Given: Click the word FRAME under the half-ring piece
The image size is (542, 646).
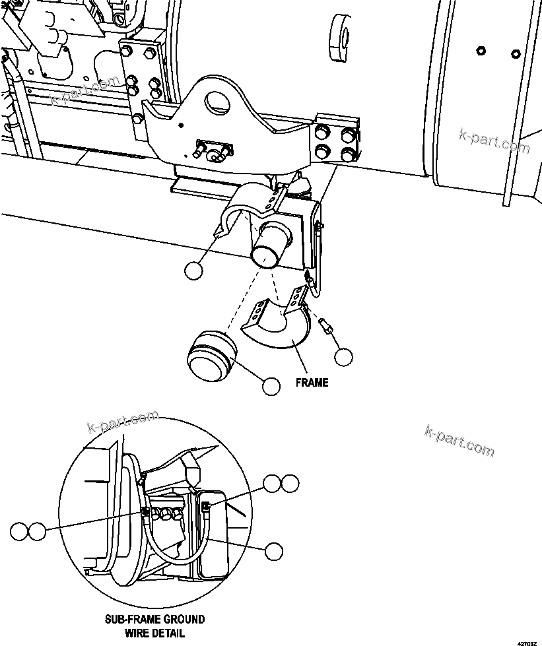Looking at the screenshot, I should tap(312, 383).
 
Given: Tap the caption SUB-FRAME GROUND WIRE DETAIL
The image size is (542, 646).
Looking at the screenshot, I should tap(155, 626).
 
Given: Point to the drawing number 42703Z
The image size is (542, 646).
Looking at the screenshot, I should tap(527, 641).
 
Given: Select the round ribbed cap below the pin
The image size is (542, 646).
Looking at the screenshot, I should tap(211, 356).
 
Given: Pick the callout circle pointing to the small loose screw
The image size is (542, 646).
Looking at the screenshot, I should tap(343, 357).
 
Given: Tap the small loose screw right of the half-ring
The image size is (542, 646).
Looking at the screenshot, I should tap(324, 326).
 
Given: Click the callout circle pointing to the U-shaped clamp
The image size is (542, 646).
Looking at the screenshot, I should tap(193, 271).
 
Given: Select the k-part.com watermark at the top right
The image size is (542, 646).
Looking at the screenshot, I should tap(494, 141).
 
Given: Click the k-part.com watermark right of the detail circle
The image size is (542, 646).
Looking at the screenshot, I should tap(459, 441).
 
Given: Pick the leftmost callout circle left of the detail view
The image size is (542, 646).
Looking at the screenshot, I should tap(19, 530).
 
